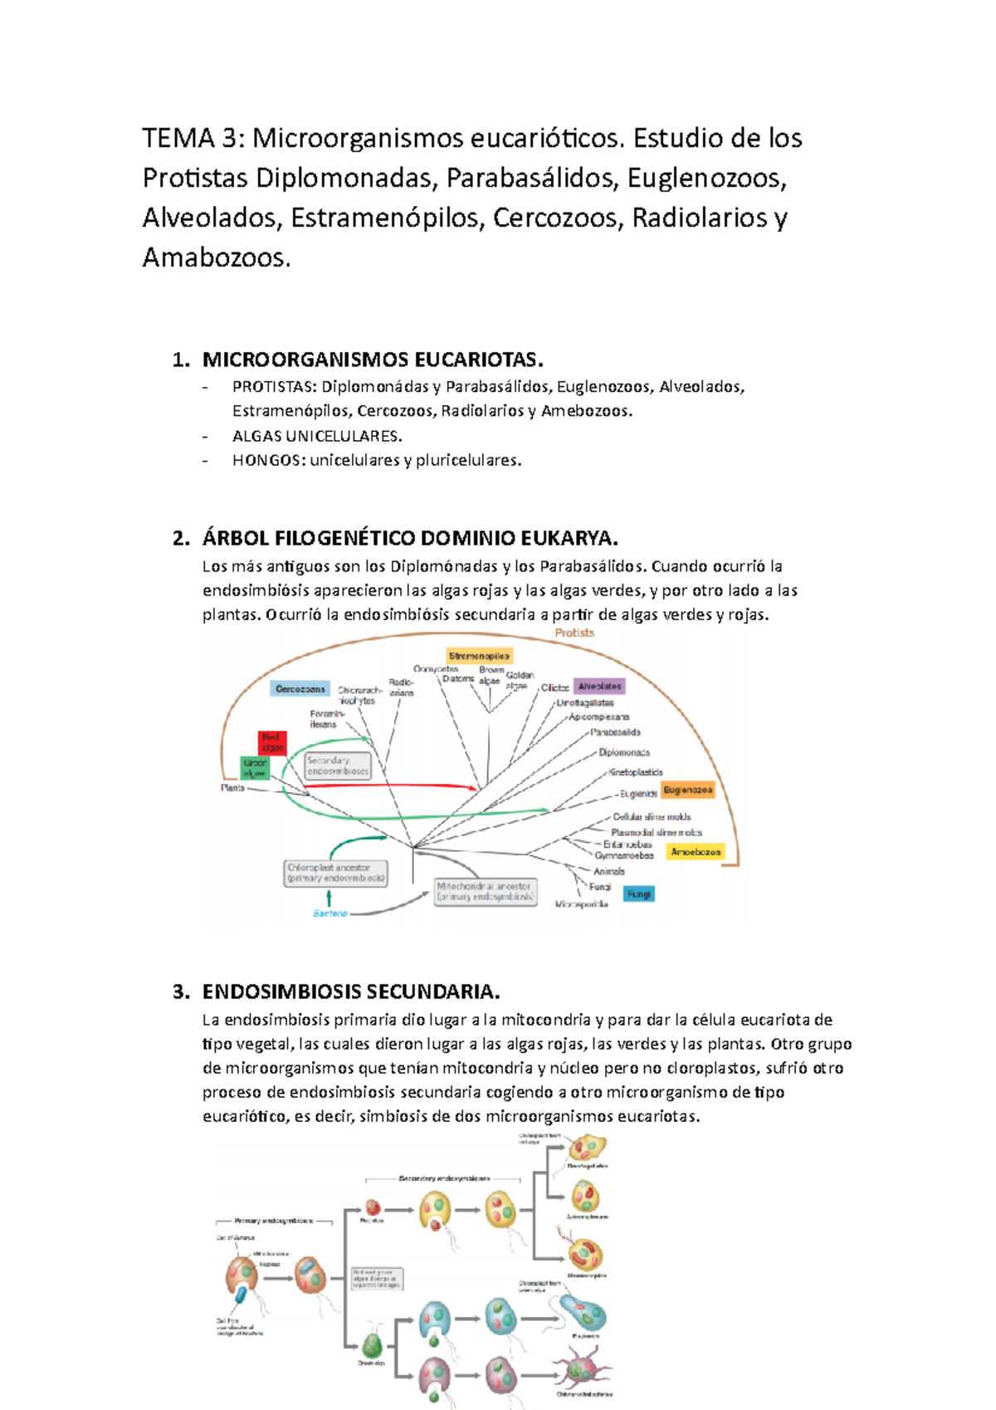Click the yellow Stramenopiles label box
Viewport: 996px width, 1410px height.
(x=480, y=656)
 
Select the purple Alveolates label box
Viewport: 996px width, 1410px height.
(x=599, y=687)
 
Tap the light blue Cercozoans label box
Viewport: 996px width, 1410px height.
(x=300, y=689)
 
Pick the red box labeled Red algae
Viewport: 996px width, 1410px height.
(x=272, y=742)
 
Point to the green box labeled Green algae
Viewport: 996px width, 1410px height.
(x=255, y=768)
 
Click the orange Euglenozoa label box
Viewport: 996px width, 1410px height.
(x=687, y=790)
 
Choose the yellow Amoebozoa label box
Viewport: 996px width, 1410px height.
(x=696, y=852)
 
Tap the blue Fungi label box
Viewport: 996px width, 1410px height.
(x=639, y=894)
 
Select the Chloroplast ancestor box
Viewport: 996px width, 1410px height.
(x=336, y=873)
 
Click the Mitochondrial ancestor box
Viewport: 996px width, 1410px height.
(x=486, y=892)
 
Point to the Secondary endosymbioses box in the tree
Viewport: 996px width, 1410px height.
(x=338, y=766)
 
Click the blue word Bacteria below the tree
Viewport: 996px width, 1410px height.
(x=330, y=913)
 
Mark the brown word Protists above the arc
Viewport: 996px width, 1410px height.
(x=574, y=633)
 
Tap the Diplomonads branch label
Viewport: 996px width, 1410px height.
(x=624, y=753)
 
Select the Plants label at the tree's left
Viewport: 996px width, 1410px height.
(x=232, y=788)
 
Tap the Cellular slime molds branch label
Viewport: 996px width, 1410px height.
(x=652, y=817)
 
